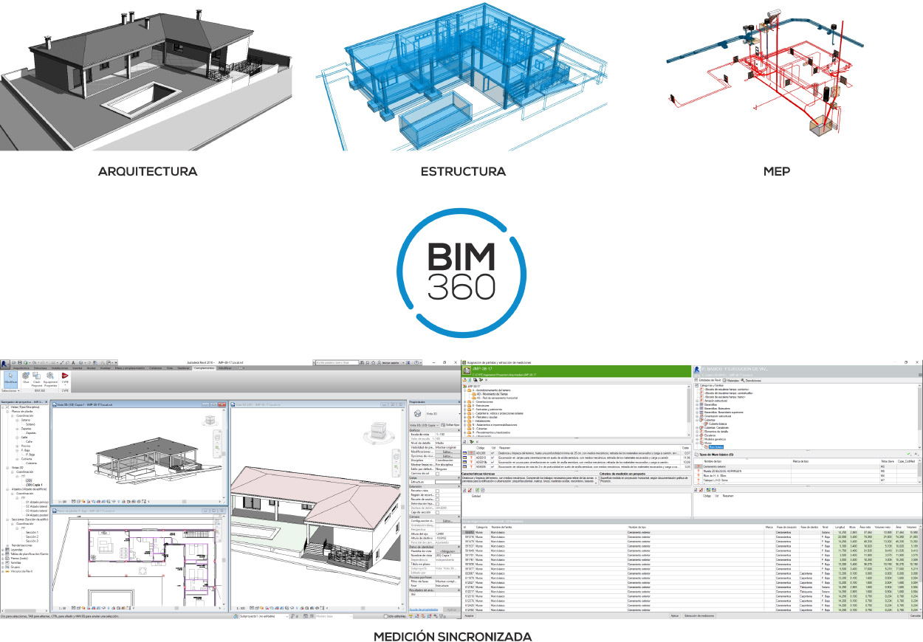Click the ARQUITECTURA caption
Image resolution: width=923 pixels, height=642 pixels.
[x=148, y=172]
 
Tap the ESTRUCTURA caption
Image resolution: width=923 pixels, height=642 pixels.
[x=463, y=172]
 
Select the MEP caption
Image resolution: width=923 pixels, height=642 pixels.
[x=777, y=172]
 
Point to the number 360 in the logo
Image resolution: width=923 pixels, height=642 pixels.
[x=462, y=285]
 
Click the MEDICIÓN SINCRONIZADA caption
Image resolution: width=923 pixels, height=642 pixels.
[x=452, y=636]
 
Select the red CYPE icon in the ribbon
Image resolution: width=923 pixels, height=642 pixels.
[x=65, y=377]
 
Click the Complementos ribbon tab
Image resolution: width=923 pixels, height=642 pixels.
[x=199, y=367]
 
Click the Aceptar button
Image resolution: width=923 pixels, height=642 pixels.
[x=468, y=615]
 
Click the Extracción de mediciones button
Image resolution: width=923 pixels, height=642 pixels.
[x=699, y=615]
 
